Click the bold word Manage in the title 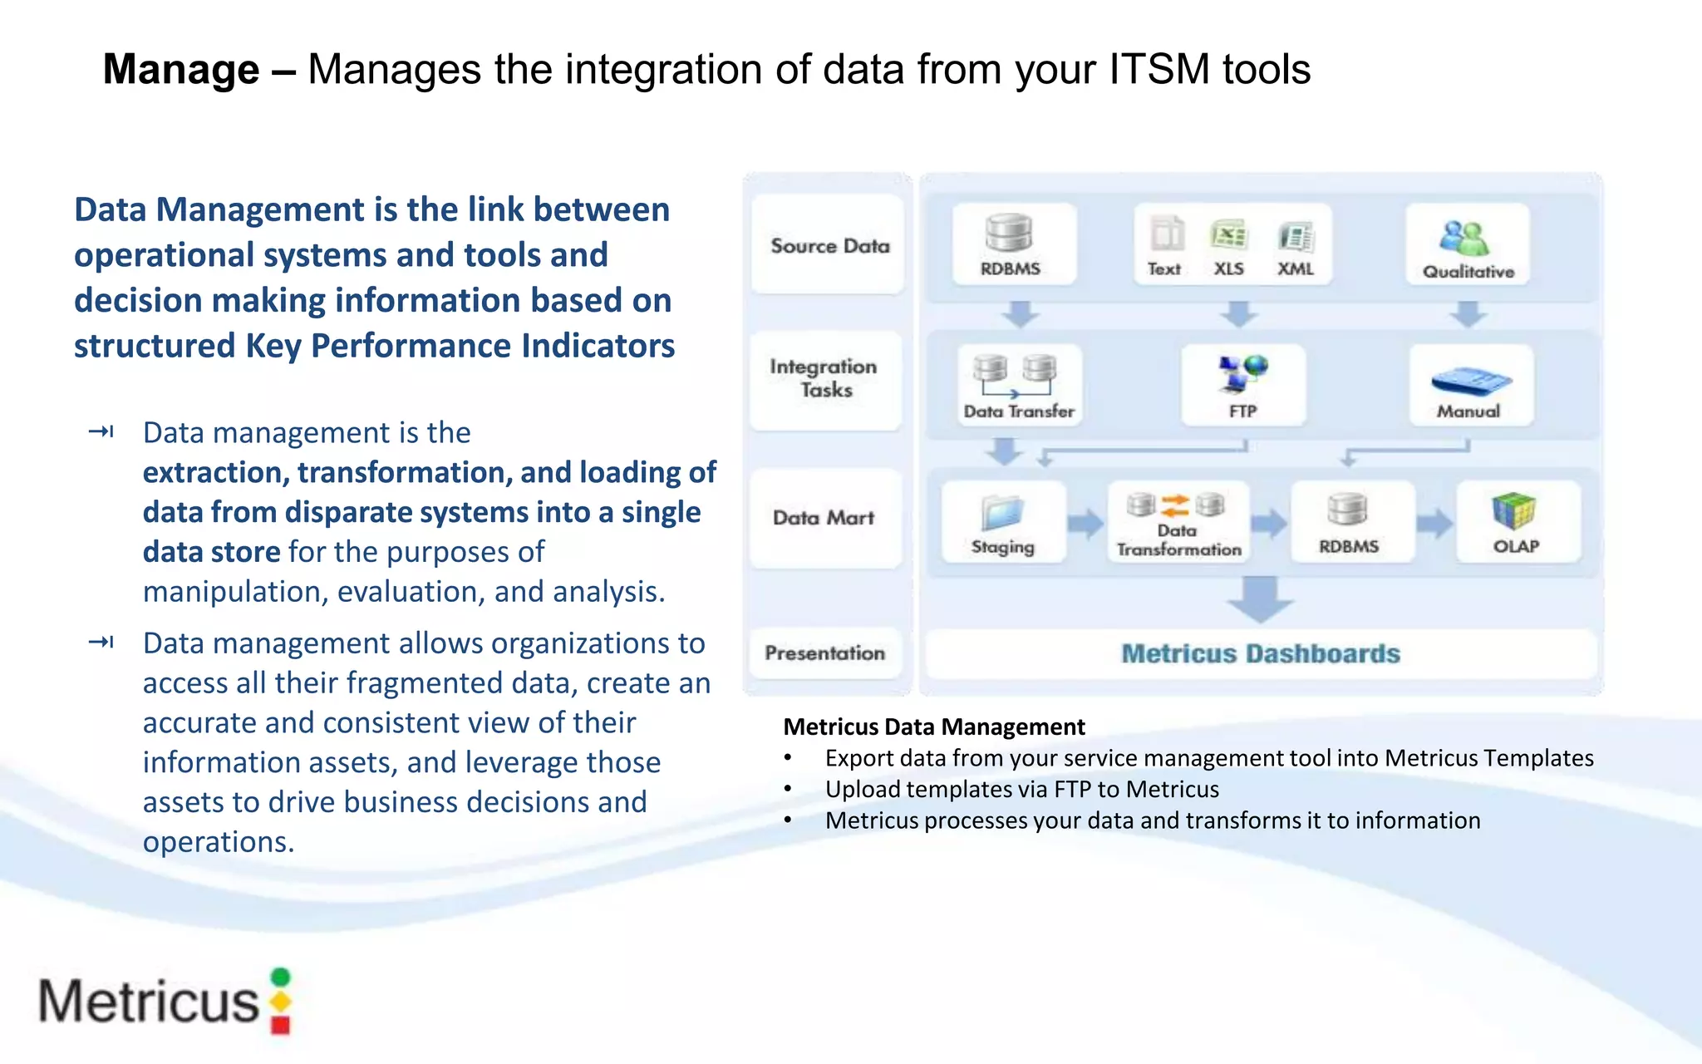[180, 69]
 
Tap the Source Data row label [829, 246]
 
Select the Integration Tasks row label [824, 378]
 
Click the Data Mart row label [824, 518]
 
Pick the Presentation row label [824, 653]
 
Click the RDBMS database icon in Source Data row [1009, 234]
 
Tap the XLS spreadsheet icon [1228, 236]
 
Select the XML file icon [1295, 238]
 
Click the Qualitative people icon [1464, 239]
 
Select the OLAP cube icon [1513, 510]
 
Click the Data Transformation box [1178, 523]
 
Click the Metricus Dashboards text [1260, 654]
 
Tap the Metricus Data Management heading [933, 727]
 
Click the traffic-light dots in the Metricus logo [281, 1001]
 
